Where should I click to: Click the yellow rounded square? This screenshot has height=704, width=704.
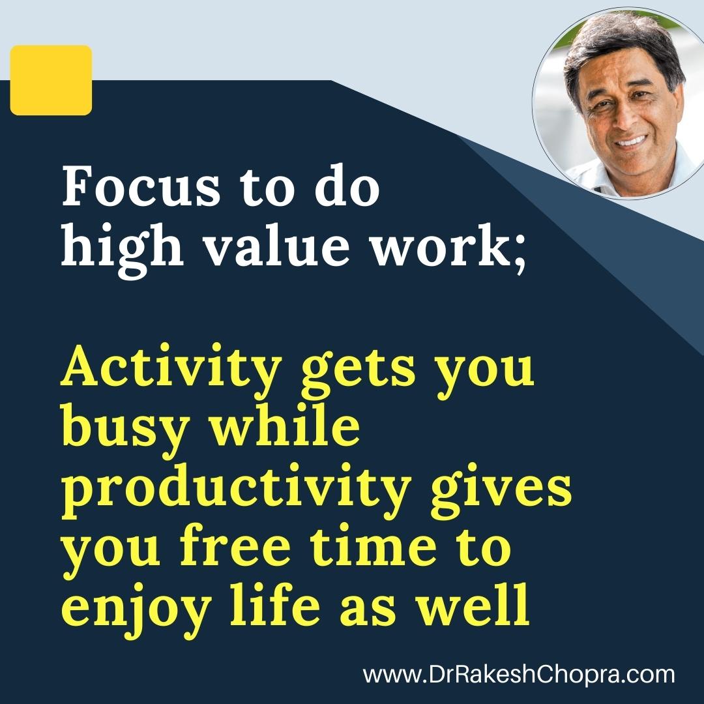point(51,80)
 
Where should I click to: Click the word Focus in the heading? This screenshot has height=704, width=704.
point(141,187)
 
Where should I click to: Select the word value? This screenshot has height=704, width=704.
point(276,246)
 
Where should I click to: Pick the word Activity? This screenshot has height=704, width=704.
point(171,371)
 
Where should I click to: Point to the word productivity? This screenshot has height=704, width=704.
point(237,490)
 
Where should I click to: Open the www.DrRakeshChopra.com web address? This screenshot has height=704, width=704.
point(519,675)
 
